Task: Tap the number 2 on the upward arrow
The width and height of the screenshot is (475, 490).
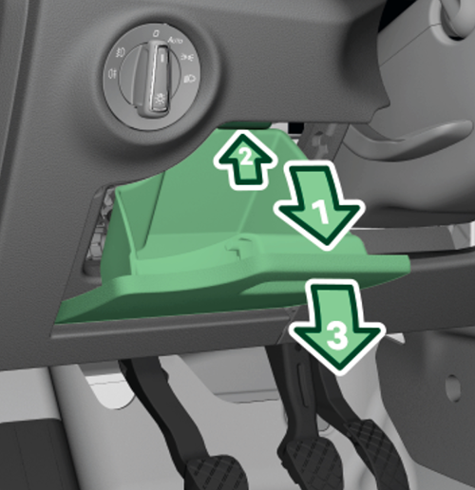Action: coord(246,157)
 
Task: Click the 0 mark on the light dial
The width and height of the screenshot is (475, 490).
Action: coord(156,34)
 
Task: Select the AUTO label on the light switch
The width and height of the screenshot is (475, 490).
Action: coord(175,41)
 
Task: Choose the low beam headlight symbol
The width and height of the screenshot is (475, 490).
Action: coord(190,78)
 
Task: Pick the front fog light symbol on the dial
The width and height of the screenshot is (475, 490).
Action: coord(121,52)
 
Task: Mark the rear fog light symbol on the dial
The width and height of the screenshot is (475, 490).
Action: coord(112,74)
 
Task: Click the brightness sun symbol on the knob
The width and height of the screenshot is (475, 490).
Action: coord(159,100)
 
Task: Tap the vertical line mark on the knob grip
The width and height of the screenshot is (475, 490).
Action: coord(162,57)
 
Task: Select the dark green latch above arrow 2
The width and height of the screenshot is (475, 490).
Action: coord(244,125)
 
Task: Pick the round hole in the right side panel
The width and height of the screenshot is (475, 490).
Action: coord(453,388)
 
